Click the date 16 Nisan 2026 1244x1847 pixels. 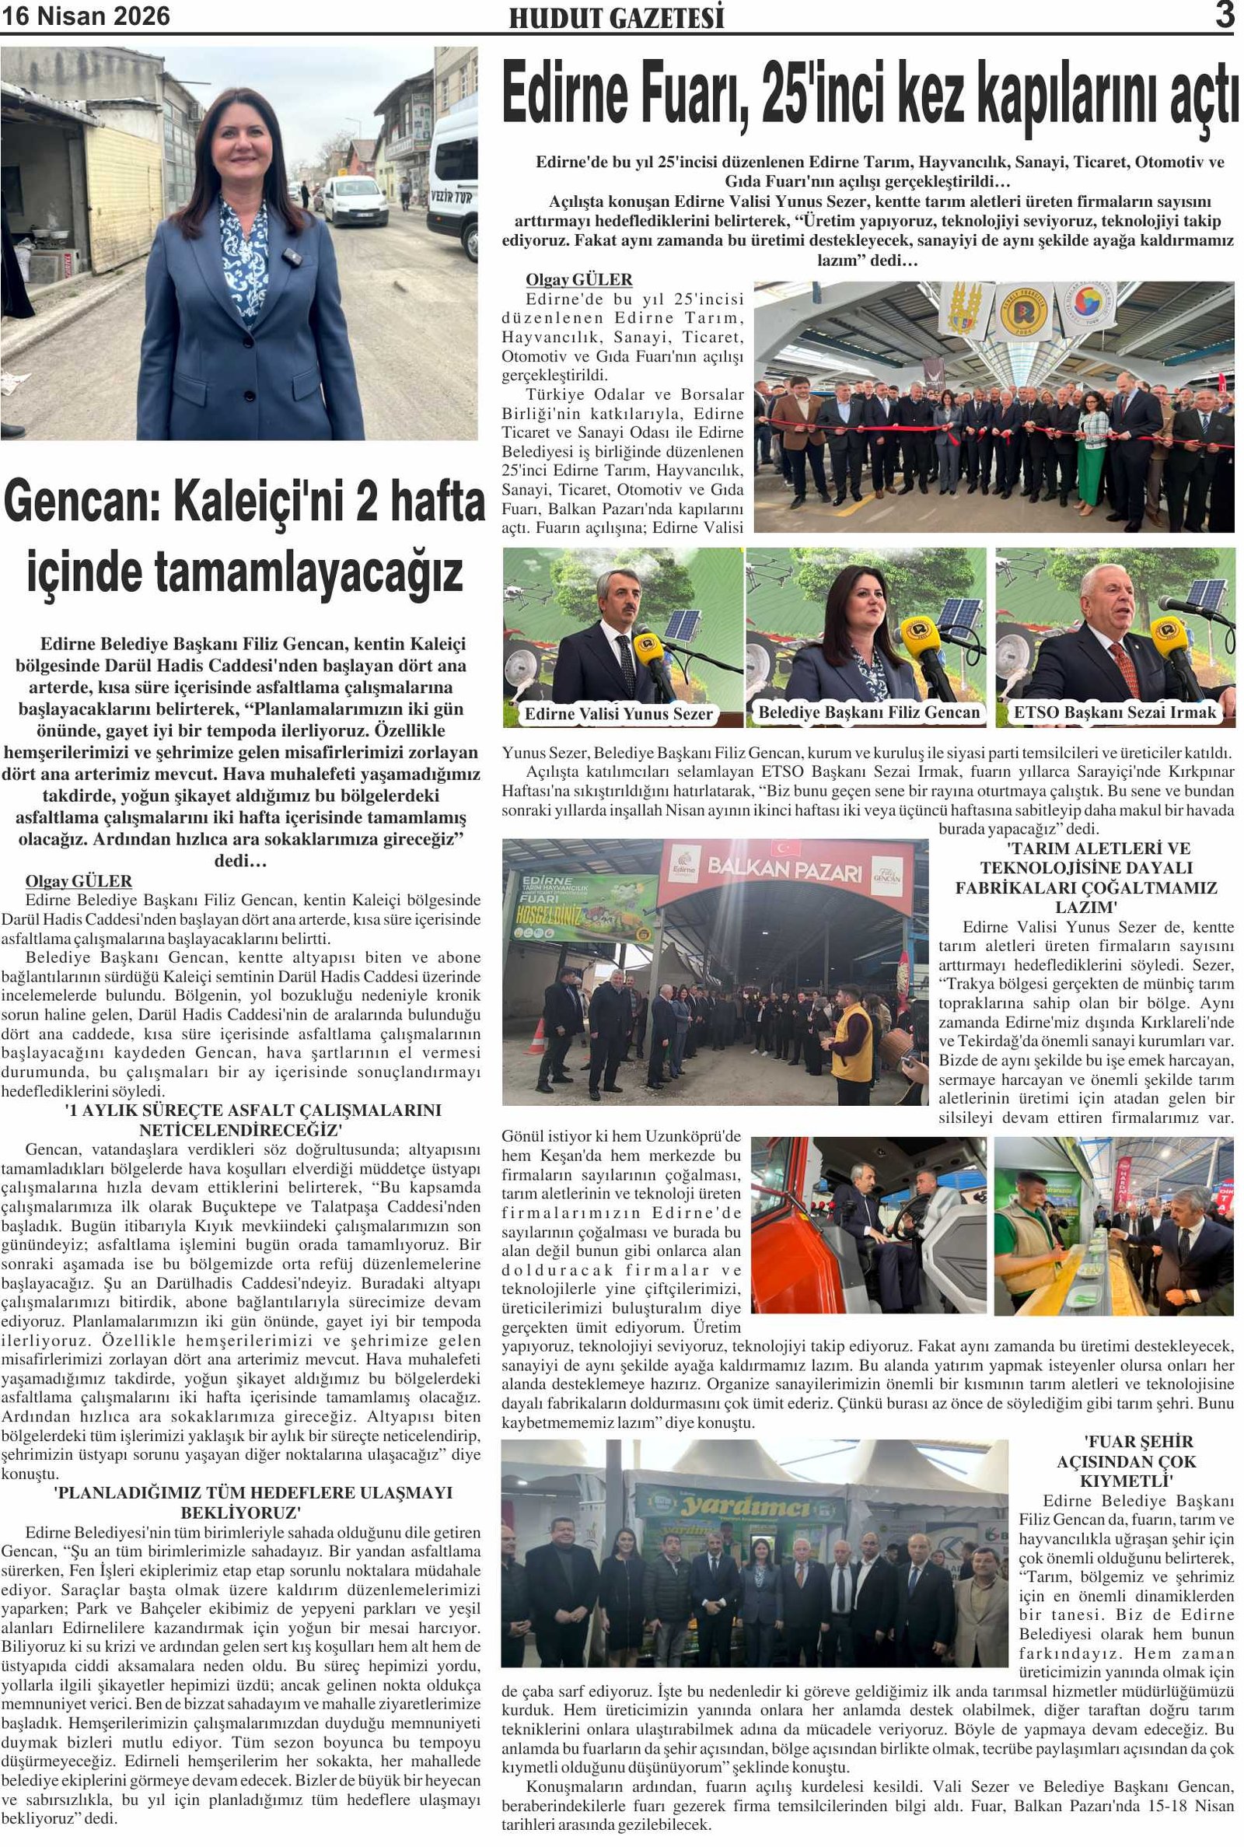coord(85,16)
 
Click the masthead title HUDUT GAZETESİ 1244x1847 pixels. coord(617,17)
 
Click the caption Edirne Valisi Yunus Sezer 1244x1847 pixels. coord(619,714)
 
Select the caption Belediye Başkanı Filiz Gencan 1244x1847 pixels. coord(868,712)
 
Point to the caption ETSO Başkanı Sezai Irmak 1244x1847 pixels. coord(1115,712)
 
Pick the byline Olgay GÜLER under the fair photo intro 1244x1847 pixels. coord(578,279)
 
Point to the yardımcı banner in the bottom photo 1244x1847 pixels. coord(746,1506)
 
